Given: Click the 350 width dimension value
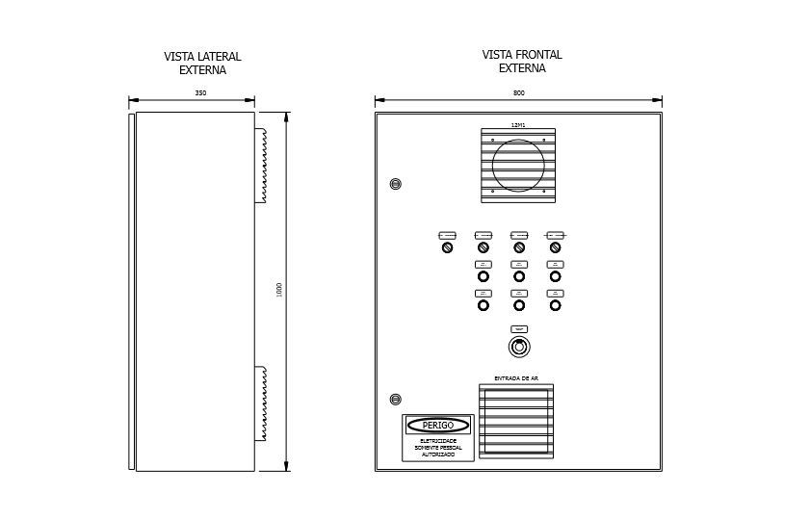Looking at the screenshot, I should (200, 93).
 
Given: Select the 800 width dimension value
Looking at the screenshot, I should (519, 93).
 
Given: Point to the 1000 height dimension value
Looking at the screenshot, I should (279, 290).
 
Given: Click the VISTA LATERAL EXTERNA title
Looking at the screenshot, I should (202, 64).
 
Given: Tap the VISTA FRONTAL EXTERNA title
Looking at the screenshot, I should (522, 62).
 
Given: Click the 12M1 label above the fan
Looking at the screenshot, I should (518, 125).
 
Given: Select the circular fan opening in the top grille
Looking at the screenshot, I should (518, 163).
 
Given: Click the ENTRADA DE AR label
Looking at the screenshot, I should (516, 378).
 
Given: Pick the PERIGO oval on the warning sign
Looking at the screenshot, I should (438, 426).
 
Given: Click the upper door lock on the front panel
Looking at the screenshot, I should (395, 184).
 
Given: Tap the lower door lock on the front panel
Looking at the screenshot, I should (395, 400).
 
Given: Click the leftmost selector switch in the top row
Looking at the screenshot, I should (447, 247).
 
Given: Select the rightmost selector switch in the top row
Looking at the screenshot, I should (555, 247).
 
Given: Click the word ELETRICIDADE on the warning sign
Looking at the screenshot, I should (438, 441).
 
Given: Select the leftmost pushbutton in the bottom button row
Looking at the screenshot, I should (483, 305).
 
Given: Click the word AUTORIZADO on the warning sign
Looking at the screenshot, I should (438, 454).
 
